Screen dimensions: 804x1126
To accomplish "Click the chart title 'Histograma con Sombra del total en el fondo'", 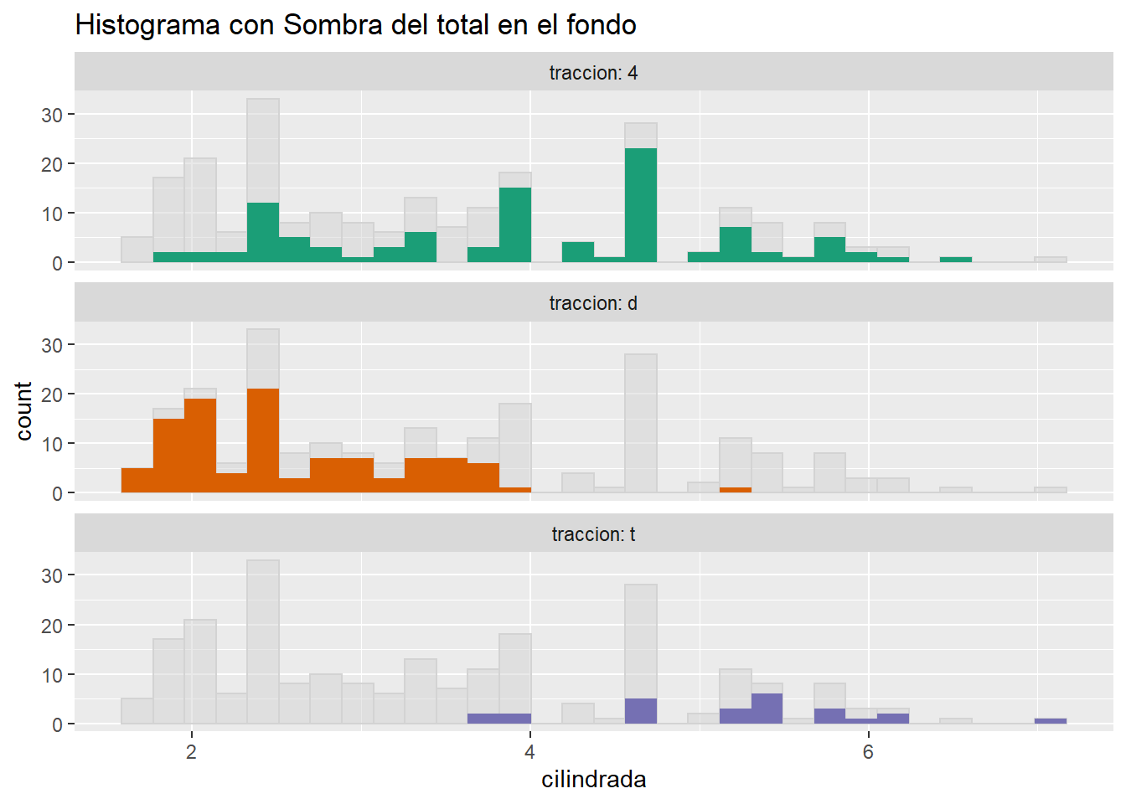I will pyautogui.click(x=355, y=25).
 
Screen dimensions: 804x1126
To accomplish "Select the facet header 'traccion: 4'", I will pyautogui.click(x=593, y=73).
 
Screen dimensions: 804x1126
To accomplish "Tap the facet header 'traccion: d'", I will pyautogui.click(x=593, y=303).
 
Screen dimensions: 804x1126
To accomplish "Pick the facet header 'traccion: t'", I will pyautogui.click(x=593, y=534).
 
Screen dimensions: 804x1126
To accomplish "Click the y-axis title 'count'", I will pyautogui.click(x=23, y=410).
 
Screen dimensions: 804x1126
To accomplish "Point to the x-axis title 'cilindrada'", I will pyautogui.click(x=593, y=780).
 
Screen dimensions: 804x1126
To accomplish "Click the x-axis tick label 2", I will pyautogui.click(x=192, y=752).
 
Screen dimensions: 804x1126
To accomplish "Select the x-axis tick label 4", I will pyautogui.click(x=529, y=752).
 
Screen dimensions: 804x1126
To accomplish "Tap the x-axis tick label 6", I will pyautogui.click(x=868, y=752).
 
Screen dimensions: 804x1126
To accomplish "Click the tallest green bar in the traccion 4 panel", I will pyautogui.click(x=641, y=205).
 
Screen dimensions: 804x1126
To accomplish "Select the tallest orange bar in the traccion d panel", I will pyautogui.click(x=263, y=441).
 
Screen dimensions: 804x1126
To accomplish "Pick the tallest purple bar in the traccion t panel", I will pyautogui.click(x=767, y=709).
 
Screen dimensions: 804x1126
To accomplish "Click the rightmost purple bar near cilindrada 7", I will pyautogui.click(x=1050, y=721).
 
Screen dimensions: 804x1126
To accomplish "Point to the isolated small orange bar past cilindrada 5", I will pyautogui.click(x=736, y=490).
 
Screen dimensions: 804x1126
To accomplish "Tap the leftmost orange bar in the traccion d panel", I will pyautogui.click(x=137, y=481).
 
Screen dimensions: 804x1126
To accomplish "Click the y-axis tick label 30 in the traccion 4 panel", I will pyautogui.click(x=52, y=115).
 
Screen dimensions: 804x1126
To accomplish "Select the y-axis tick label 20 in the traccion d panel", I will pyautogui.click(x=52, y=394).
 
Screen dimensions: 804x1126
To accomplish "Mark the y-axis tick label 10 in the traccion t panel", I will pyautogui.click(x=52, y=675).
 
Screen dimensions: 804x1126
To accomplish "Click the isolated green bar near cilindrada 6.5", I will pyautogui.click(x=955, y=260).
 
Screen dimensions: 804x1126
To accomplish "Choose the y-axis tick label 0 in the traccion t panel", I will pyautogui.click(x=57, y=724).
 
